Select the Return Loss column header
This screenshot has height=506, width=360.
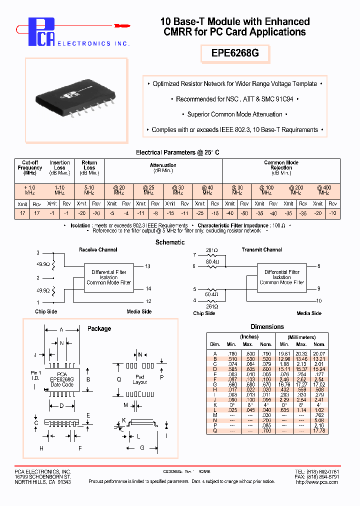click(x=89, y=165)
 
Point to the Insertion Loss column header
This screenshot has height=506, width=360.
click(x=59, y=165)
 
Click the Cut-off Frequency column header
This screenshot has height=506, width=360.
click(x=30, y=167)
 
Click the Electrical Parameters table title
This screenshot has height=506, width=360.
click(x=177, y=152)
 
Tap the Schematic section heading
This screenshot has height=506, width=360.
click(x=170, y=242)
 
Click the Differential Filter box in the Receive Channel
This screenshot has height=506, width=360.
click(x=108, y=277)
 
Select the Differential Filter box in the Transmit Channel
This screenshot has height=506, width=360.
click(x=282, y=277)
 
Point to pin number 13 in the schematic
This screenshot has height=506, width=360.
click(x=148, y=266)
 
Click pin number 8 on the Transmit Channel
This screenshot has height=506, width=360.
click(x=318, y=266)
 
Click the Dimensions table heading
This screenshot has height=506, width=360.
click(x=267, y=326)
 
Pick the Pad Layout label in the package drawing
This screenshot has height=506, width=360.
click(x=140, y=379)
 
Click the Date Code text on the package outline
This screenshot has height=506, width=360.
click(x=62, y=384)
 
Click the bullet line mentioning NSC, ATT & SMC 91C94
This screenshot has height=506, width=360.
click(x=234, y=99)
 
